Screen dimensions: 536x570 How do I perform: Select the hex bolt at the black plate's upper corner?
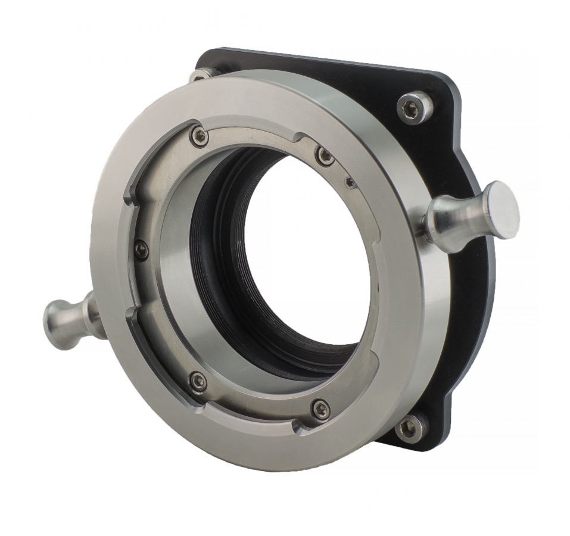415,108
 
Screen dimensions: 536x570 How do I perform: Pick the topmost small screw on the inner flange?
199,136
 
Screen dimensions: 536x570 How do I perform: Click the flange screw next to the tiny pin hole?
325,156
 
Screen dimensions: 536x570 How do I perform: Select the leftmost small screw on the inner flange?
141,250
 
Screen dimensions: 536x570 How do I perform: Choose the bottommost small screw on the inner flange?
321,409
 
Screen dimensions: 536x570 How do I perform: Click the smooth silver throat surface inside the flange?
179,298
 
